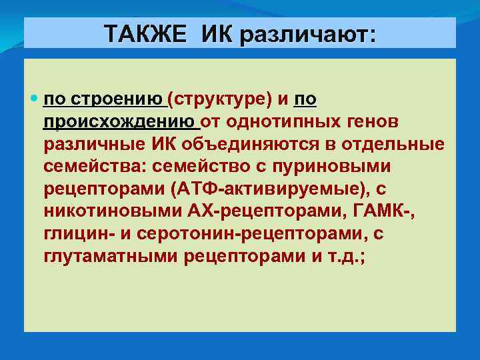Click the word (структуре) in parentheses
[x=220, y=100]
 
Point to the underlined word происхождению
[x=122, y=121]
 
